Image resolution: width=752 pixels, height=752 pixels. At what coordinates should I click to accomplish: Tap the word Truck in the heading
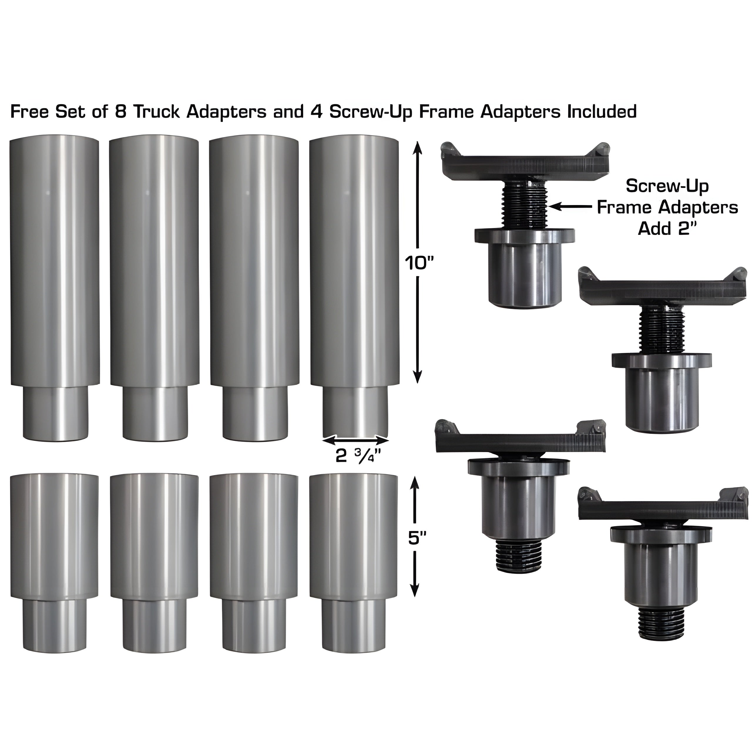click(x=157, y=111)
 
